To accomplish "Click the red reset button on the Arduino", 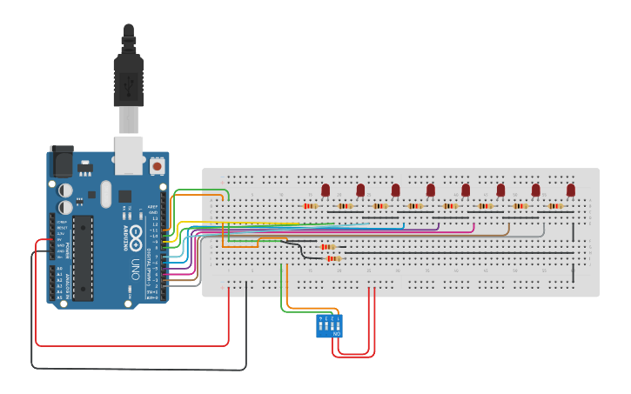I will tap(157, 164).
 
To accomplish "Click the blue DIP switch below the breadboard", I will tap(329, 326).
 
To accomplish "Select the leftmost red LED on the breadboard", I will tap(326, 190).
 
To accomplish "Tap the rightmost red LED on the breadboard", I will tap(571, 190).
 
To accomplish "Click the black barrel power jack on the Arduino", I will tap(61, 161).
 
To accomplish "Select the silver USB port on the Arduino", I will tap(129, 150).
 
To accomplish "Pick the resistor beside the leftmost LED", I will tap(311, 206).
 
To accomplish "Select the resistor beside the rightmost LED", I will tap(555, 206).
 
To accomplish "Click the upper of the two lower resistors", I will tap(328, 247).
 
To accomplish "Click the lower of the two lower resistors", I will tap(334, 258).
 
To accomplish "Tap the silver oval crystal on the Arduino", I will tap(106, 193).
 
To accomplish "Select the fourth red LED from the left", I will tap(431, 190).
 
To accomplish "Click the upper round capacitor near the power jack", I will tap(66, 190).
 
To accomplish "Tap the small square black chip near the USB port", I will tap(125, 197).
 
